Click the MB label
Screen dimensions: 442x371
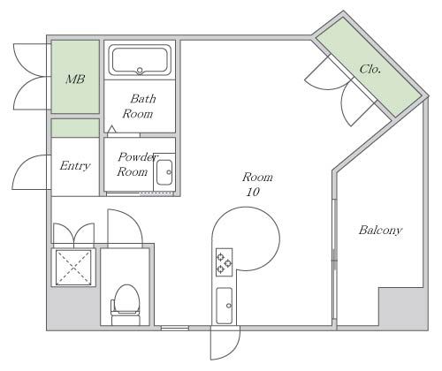tap(75, 79)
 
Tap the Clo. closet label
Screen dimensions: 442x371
tap(370, 69)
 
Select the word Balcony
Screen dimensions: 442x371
tap(380, 231)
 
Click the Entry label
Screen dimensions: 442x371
tap(75, 166)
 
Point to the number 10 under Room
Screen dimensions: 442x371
tap(253, 192)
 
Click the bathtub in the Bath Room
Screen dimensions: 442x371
tap(140, 60)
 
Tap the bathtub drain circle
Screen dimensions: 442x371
tap(140, 71)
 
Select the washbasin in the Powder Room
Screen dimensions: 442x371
tap(164, 172)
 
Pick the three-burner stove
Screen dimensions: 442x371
tap(224, 262)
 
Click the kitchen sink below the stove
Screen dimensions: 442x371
tap(225, 306)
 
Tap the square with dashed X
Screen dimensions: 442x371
tap(73, 268)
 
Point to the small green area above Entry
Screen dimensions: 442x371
tap(75, 128)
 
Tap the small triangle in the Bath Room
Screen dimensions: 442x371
tap(111, 129)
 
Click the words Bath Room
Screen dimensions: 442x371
tap(139, 106)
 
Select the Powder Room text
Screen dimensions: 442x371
tap(136, 164)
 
